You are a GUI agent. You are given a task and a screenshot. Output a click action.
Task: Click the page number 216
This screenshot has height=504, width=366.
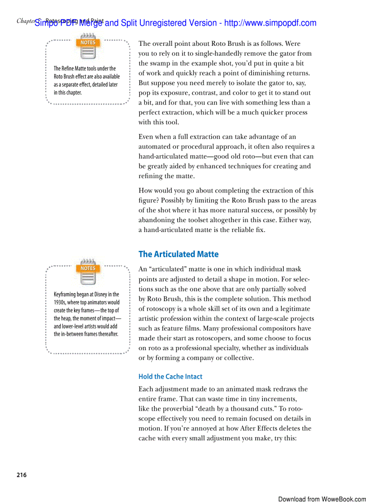tap(22, 475)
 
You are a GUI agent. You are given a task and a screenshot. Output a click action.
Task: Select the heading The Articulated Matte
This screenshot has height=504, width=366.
tap(179, 254)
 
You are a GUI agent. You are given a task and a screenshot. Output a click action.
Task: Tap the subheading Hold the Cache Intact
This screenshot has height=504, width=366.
tap(170, 377)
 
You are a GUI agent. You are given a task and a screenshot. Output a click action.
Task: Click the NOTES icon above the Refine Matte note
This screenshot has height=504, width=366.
tap(88, 49)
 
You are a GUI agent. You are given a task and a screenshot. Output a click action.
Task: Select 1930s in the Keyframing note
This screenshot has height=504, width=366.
tap(61, 302)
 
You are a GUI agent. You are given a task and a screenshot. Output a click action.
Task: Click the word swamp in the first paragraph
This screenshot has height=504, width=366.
tap(163, 63)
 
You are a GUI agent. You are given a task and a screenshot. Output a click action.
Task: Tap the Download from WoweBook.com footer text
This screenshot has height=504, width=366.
tap(322, 499)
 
